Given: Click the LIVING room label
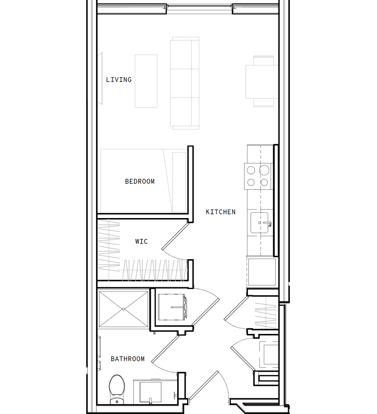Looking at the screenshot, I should pos(119,80).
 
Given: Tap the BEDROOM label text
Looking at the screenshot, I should pos(139,181).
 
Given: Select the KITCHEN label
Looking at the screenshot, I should pos(221,212).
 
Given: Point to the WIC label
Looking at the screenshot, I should pos(141,242).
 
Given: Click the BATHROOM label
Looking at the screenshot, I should pos(128,359).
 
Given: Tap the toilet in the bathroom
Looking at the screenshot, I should pos(115,387).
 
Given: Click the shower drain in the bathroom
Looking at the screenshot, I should pos(123,309).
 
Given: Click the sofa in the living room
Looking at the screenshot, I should pos(184,83).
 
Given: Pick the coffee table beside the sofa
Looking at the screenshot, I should pos(146,81).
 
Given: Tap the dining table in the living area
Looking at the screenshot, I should pos(262,81).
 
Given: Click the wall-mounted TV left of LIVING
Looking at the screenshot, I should pos(100,79).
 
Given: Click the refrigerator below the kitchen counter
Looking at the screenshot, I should pos(261,272).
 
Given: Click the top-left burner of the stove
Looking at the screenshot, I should pos(251,170).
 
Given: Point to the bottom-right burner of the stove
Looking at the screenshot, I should pos(264,182).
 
